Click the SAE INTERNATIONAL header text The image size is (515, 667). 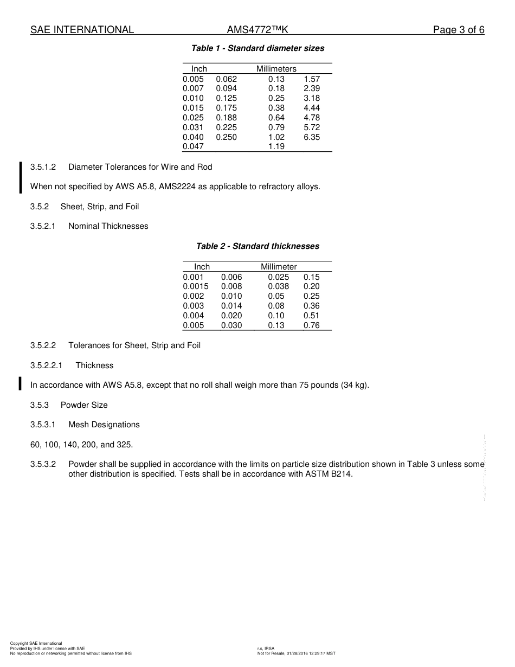coord(82,30)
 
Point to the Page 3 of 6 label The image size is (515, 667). coord(458,30)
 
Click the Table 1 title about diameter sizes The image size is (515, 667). coord(257,48)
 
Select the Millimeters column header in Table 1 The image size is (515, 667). coord(276,69)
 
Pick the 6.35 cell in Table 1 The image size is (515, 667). coord(312,137)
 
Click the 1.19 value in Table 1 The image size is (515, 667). coord(276,147)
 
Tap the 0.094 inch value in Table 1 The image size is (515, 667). coord(226,88)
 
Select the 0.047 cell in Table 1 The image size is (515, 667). coord(193,147)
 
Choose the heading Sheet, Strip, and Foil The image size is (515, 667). coord(100,207)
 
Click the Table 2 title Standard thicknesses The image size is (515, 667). coord(257,246)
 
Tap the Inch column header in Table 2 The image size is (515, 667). coord(202,267)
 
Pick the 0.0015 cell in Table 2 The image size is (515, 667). coord(195,286)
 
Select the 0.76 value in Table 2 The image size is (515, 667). coord(311,325)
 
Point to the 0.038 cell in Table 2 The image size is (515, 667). coord(278,286)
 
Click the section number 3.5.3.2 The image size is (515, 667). coord(43,464)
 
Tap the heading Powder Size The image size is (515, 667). coord(84,405)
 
